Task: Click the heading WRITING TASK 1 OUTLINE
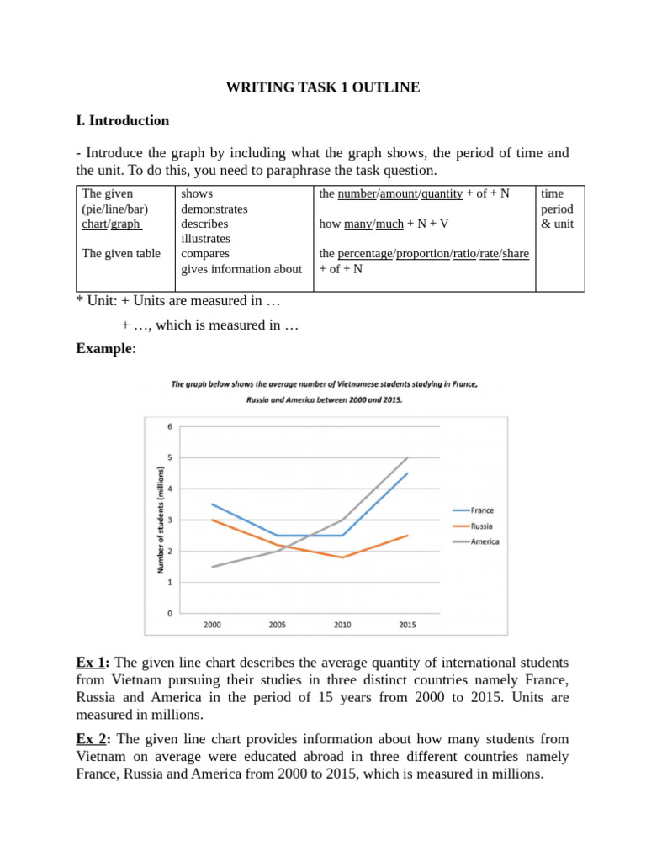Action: (x=323, y=87)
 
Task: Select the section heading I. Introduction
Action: (x=123, y=120)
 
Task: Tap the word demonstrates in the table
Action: (x=214, y=209)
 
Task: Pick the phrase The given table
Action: (x=121, y=253)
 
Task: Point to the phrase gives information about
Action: (x=241, y=268)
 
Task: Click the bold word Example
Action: (x=104, y=348)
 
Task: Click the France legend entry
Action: (x=482, y=510)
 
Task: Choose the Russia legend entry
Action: (x=482, y=526)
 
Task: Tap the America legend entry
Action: (x=484, y=541)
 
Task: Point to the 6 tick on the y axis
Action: (x=170, y=426)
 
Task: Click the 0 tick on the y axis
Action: (x=170, y=614)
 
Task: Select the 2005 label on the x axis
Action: (x=276, y=626)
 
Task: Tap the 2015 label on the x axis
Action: (x=407, y=626)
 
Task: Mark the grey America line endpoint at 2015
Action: (x=408, y=457)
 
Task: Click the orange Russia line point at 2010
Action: (x=342, y=557)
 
